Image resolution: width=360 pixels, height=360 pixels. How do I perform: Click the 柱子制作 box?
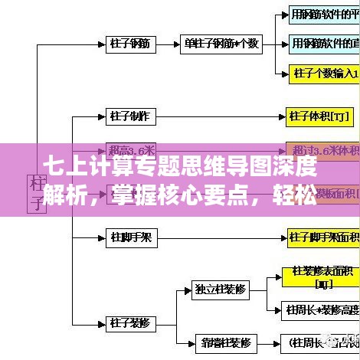(x=132, y=116)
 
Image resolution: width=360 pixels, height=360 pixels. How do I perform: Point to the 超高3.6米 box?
(x=132, y=149)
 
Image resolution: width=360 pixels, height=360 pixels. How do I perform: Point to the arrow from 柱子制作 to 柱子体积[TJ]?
(x=222, y=116)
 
